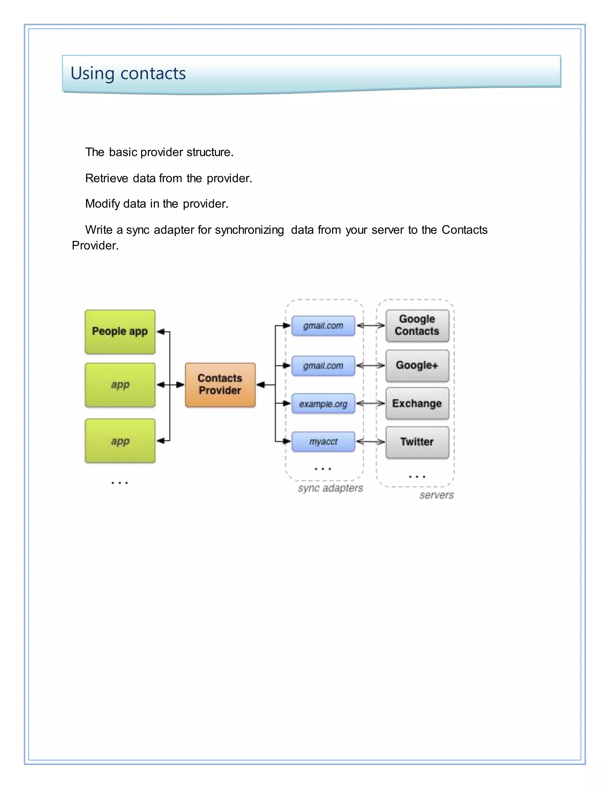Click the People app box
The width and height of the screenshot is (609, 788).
[x=120, y=332]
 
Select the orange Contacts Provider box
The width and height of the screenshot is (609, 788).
[x=220, y=384]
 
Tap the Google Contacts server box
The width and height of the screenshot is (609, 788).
[x=417, y=325]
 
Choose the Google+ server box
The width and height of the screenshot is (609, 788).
[x=417, y=365]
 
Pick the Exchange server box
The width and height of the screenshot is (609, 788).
[x=417, y=404]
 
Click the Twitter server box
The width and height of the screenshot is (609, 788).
[x=417, y=442]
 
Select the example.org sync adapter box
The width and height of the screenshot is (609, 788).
[x=323, y=404]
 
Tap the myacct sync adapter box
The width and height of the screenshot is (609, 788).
[x=323, y=442]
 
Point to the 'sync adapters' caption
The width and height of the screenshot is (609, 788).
[x=330, y=488]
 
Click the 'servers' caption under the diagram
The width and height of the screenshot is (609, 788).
[x=437, y=495]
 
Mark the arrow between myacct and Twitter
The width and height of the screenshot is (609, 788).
[x=371, y=442]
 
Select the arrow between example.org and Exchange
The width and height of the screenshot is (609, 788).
[x=371, y=404]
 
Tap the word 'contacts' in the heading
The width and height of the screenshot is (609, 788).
[x=153, y=74]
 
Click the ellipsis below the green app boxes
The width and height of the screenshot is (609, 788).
[x=120, y=483]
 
